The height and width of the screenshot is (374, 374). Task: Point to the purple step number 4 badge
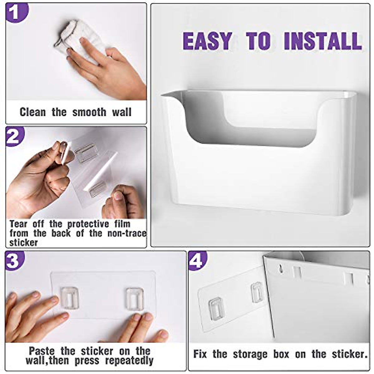[x=198, y=261]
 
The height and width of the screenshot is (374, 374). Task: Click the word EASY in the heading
[x=207, y=41]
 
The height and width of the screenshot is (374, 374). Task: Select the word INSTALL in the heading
[x=322, y=41]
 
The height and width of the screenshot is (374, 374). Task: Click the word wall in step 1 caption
[x=122, y=112]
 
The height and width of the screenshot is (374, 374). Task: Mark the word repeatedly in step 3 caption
[x=129, y=361]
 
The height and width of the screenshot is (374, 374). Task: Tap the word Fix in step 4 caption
[x=200, y=354]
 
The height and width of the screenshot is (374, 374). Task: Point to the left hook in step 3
[x=69, y=297]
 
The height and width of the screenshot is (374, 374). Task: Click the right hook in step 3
[x=135, y=298]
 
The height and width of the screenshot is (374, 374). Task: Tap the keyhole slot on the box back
[x=281, y=268]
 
